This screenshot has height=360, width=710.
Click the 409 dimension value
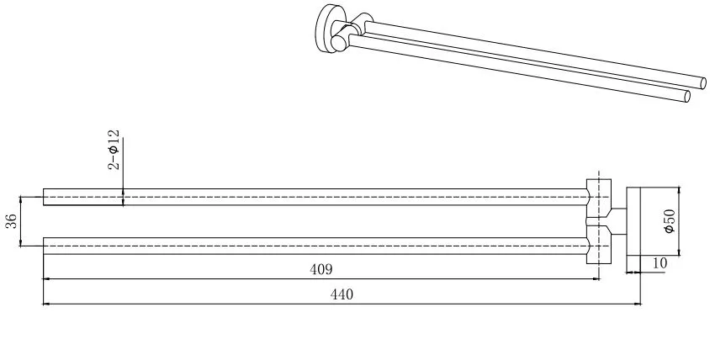click(321, 269)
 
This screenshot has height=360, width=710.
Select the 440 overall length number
click(342, 294)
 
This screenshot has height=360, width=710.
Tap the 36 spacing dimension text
click(13, 221)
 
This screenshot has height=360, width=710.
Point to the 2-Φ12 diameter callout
click(114, 150)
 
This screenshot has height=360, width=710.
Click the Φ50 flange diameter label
click(670, 221)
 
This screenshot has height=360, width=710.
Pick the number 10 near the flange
click(660, 263)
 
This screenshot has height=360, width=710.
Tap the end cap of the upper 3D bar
click(703, 83)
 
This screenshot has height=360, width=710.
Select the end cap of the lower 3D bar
click(687, 97)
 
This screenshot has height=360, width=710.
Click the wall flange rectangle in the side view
click(633, 221)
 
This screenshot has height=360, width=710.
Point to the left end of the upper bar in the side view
click(44, 197)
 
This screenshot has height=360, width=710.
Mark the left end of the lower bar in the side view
click(44, 246)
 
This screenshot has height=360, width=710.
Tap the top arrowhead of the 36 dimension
click(21, 200)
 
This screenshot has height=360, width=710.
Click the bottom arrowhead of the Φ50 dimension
click(679, 251)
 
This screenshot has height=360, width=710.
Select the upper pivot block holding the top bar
click(599, 199)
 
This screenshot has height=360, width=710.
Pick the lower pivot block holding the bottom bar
click(599, 244)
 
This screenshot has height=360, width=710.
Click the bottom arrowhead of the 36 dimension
click(21, 242)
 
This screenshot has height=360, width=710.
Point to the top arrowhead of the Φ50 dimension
click(679, 191)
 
